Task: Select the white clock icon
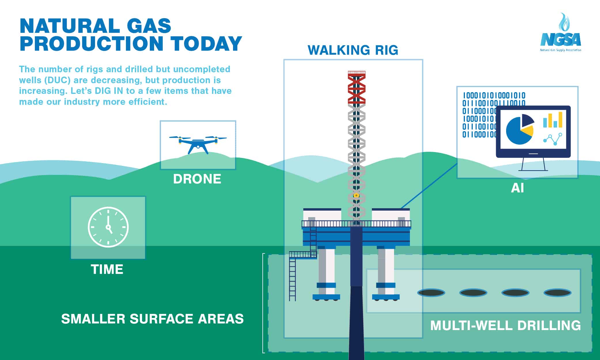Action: click(x=108, y=227)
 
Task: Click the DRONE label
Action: click(x=197, y=179)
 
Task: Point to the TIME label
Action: click(x=107, y=270)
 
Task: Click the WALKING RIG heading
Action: click(x=353, y=50)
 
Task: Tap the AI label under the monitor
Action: click(x=517, y=188)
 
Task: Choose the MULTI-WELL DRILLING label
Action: click(x=505, y=325)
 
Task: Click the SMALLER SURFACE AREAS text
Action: click(x=152, y=319)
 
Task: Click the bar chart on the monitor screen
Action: click(x=552, y=120)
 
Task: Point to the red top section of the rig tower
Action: click(x=357, y=87)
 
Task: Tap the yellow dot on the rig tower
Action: click(x=356, y=195)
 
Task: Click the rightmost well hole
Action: click(x=557, y=293)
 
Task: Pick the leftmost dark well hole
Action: click(x=431, y=293)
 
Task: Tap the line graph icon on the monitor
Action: click(x=552, y=139)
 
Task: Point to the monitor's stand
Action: click(x=533, y=164)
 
